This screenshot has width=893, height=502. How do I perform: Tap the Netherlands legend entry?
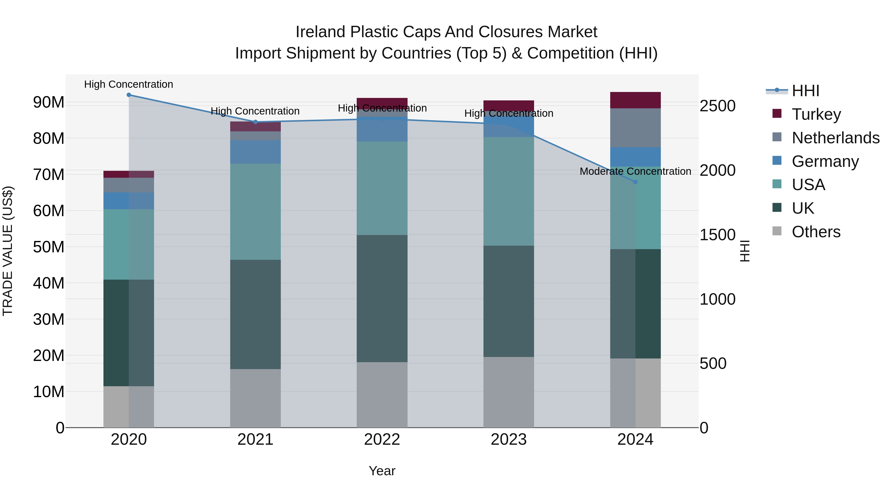(x=825, y=138)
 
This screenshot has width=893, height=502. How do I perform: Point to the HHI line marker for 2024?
(x=636, y=182)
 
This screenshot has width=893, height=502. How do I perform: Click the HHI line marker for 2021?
(x=255, y=122)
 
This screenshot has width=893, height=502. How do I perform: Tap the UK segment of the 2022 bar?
(x=382, y=299)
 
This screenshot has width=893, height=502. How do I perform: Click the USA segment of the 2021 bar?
(x=255, y=212)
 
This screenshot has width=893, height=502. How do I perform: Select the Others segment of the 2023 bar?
(x=509, y=392)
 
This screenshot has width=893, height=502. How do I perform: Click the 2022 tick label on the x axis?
(x=382, y=440)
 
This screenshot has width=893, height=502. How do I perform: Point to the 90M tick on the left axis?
(x=49, y=103)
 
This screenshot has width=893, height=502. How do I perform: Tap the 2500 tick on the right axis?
(x=717, y=106)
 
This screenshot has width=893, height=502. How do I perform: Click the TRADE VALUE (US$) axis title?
(x=8, y=251)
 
